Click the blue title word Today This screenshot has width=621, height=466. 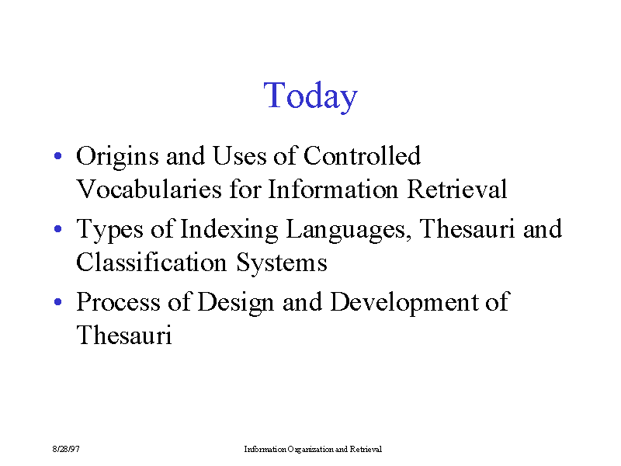[x=310, y=96]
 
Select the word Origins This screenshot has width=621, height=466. [x=117, y=158]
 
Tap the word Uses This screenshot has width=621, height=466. [x=240, y=156]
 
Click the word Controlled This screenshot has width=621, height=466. [x=362, y=155]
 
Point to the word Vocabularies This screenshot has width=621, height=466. [x=149, y=189]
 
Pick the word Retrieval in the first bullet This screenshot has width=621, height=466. [x=457, y=189]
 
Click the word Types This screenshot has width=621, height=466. [x=109, y=230]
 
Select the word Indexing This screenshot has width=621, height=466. [x=229, y=230]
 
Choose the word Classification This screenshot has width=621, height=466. [x=151, y=263]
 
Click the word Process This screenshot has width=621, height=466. [x=118, y=302]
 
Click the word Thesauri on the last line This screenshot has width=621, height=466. [x=124, y=336]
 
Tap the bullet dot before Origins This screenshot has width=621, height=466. [x=57, y=156]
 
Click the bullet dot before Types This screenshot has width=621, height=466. [x=57, y=228]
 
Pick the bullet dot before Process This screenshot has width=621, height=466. [x=57, y=302]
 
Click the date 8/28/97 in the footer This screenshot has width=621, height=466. [x=66, y=449]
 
